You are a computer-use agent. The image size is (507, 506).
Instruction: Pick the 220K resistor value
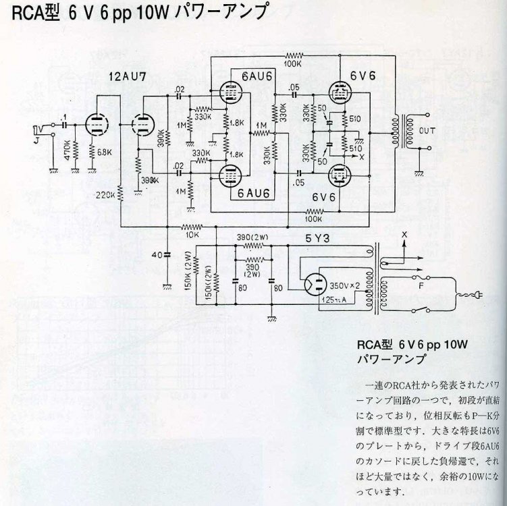point(105,196)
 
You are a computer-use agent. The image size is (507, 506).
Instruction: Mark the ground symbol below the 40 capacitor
point(167,287)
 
